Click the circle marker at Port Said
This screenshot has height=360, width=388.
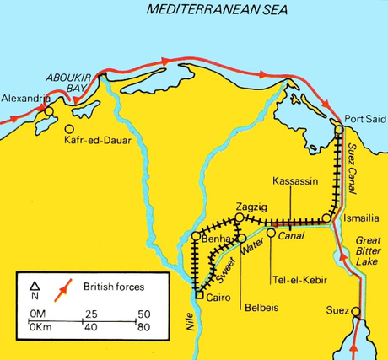[x=339, y=130]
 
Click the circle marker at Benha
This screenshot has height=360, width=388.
[x=196, y=236]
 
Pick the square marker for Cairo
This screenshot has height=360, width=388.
[x=197, y=295]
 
